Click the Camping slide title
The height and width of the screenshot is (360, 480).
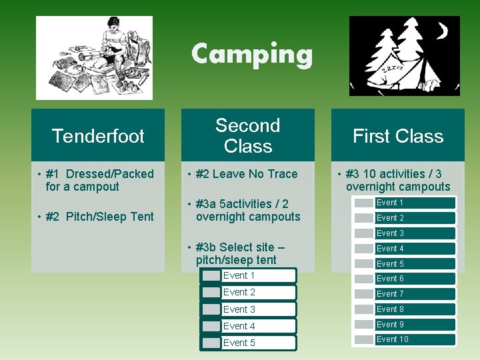tap(251, 54)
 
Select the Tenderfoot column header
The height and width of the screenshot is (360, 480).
tap(98, 136)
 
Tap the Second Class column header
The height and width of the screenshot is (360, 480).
tap(248, 135)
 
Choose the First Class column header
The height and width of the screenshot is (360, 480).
tap(397, 136)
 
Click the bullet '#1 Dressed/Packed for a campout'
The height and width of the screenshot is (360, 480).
tap(99, 180)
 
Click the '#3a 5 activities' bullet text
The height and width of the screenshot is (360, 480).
tap(247, 210)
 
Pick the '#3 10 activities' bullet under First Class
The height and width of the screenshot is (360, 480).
tap(397, 180)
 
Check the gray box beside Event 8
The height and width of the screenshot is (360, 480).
tap(364, 309)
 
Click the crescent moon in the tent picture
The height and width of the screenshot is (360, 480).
tap(441, 31)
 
